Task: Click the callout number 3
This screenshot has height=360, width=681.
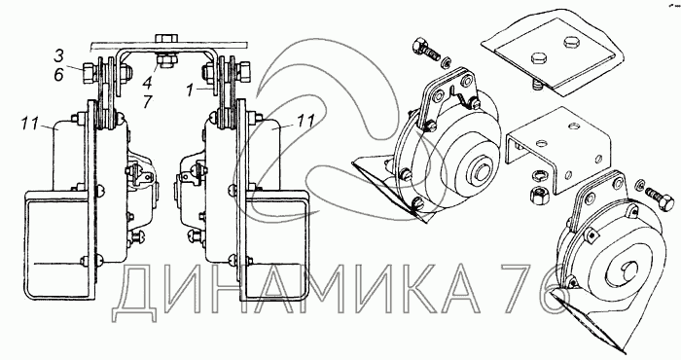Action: [59, 56]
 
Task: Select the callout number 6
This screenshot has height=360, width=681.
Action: [59, 75]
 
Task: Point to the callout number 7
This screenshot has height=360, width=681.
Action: [148, 102]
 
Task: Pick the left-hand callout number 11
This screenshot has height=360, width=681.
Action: [30, 123]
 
